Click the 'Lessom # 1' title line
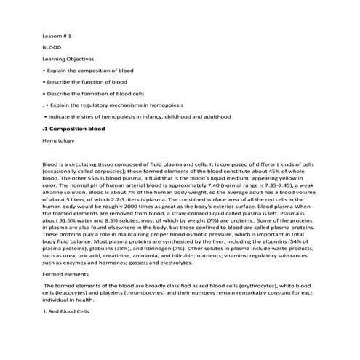click(x=57, y=34)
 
